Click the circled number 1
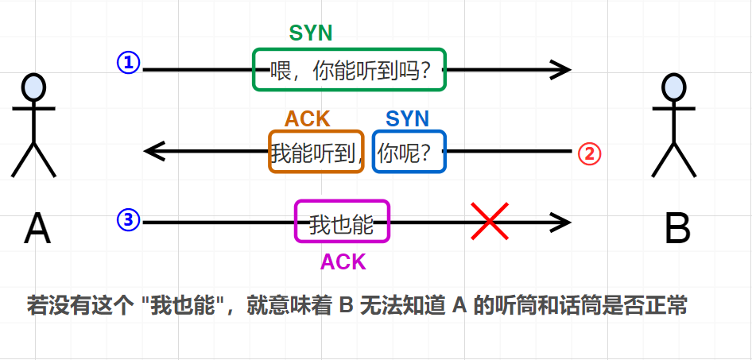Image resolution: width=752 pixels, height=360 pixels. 129,63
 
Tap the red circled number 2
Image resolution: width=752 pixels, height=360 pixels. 589,153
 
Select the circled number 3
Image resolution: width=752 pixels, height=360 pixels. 129,220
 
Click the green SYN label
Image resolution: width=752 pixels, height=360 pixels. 311,33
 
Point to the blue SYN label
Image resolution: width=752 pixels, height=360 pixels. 407,119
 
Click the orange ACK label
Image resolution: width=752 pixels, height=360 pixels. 308,119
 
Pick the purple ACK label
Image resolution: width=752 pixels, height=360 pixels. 343,262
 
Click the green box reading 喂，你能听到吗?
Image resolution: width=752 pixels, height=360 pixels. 349,70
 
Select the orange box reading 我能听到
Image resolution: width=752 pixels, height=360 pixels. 316,152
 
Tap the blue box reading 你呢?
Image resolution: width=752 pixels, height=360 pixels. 409,152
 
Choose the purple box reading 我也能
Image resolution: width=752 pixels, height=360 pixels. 342,222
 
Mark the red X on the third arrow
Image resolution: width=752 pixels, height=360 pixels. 490,221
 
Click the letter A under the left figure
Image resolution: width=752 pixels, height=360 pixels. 37,230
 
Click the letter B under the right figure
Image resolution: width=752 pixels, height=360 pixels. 676,230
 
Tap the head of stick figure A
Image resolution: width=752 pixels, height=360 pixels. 33,86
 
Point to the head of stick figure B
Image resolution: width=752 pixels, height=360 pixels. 674,86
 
